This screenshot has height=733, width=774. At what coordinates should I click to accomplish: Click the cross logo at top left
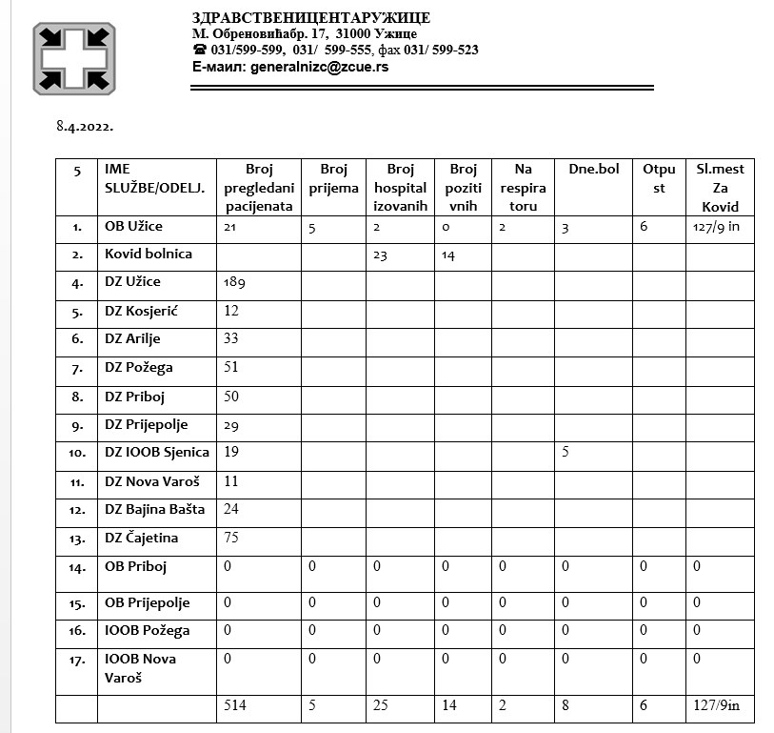(x=73, y=59)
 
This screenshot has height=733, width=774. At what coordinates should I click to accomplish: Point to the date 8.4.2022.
(x=86, y=125)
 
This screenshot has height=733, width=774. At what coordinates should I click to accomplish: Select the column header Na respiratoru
(x=523, y=187)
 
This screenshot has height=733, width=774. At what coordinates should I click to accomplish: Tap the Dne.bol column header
(x=593, y=169)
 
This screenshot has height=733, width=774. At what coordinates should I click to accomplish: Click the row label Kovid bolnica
(x=149, y=255)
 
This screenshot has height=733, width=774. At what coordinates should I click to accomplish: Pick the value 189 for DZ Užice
(x=235, y=282)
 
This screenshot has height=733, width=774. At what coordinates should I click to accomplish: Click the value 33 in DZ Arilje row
(x=231, y=338)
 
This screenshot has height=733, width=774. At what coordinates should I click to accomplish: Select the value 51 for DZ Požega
(x=231, y=367)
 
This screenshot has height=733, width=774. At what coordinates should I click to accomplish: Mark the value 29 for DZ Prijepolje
(x=231, y=423)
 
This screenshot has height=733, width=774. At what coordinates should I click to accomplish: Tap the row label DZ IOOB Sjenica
(x=157, y=452)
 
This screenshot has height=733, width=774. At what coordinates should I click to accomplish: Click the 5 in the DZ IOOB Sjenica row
(x=566, y=452)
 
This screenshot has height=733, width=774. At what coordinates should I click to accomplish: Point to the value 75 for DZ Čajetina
(x=231, y=538)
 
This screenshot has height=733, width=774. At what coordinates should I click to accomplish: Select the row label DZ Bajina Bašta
(x=154, y=509)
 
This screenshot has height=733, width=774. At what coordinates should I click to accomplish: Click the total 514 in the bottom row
(x=235, y=706)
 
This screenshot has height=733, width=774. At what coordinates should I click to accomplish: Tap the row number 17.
(x=76, y=659)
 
